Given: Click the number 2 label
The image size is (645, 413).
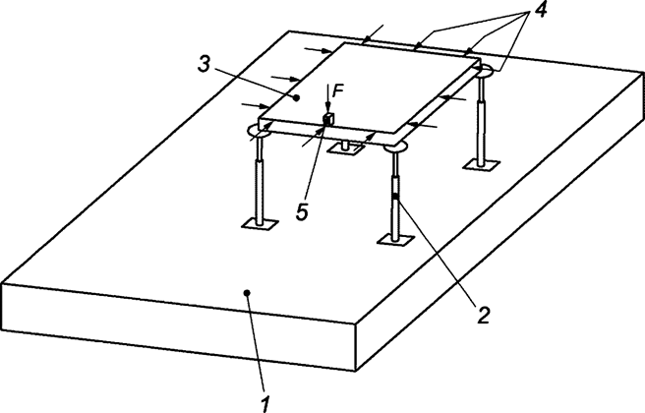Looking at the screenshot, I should [x=482, y=315].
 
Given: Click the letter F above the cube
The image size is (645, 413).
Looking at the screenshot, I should [x=337, y=90].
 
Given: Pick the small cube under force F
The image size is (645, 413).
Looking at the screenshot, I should [x=327, y=119].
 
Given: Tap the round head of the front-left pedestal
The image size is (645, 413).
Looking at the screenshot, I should [x=262, y=130].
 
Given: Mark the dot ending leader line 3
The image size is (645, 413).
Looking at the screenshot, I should [x=294, y=97].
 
